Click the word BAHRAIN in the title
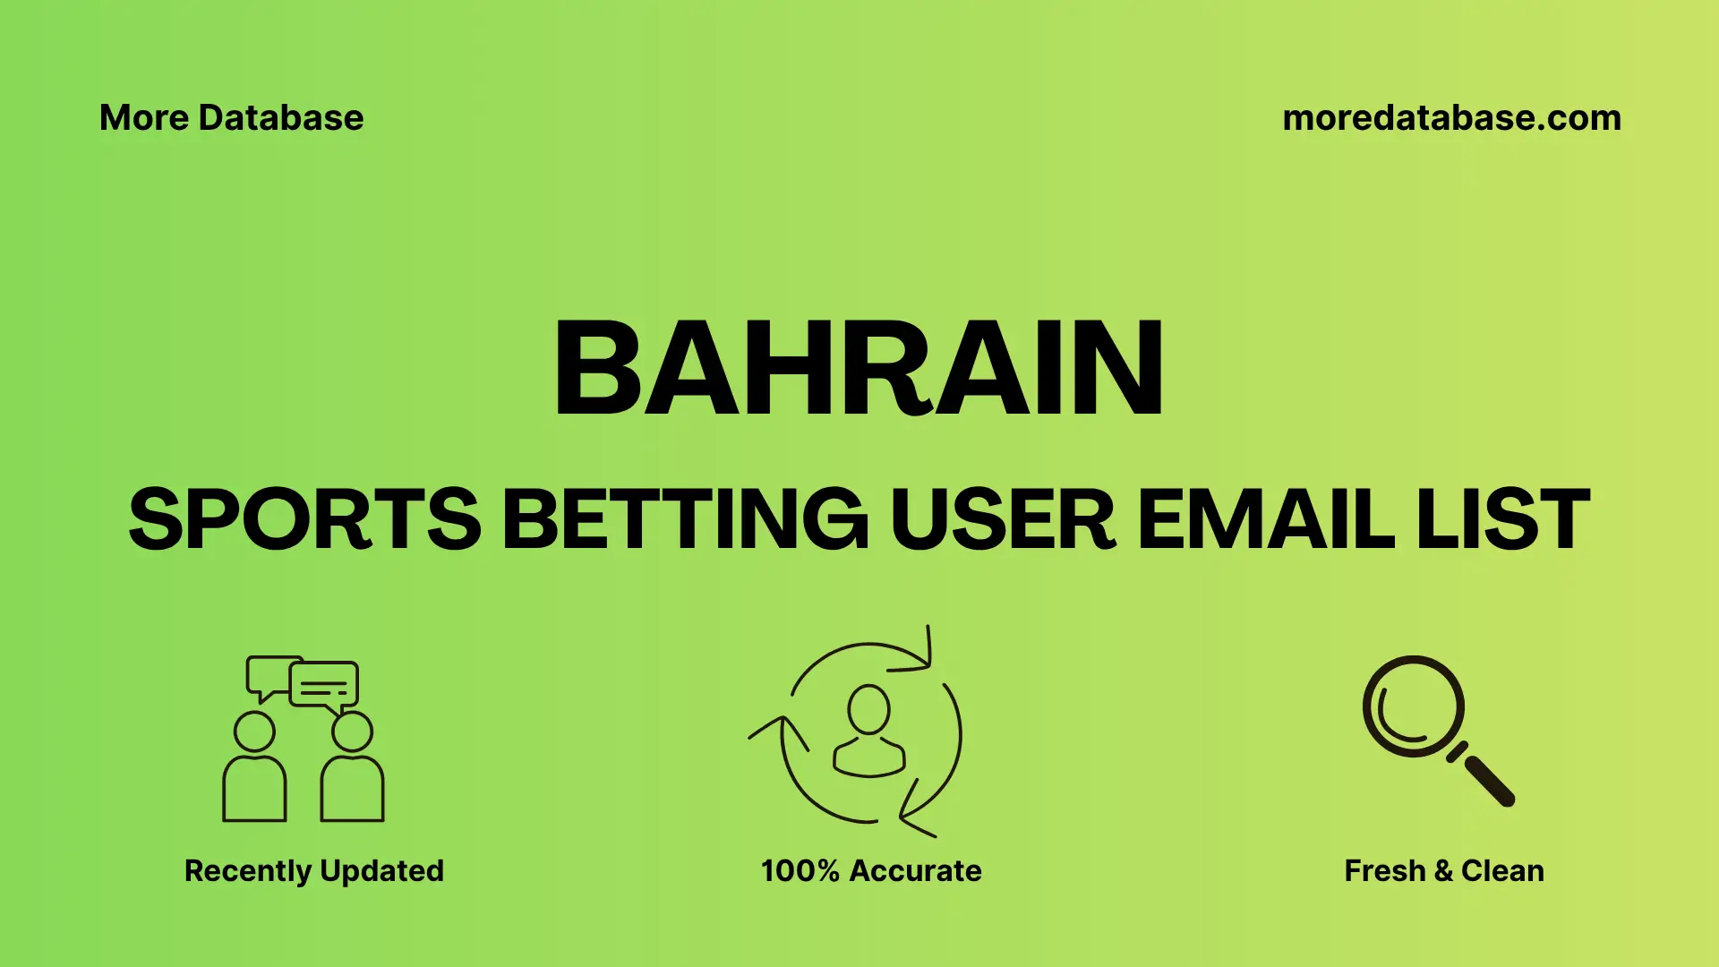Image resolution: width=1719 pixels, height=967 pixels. click(x=859, y=369)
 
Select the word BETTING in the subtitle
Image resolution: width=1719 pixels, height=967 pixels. click(x=685, y=519)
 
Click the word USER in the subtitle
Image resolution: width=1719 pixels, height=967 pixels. click(x=1003, y=519)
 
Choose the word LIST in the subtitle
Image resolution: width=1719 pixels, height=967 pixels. click(x=1503, y=519)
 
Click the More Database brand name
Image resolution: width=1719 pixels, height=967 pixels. click(x=231, y=118)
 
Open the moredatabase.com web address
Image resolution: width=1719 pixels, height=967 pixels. click(x=1451, y=118)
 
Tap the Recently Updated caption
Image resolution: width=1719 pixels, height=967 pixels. click(x=313, y=870)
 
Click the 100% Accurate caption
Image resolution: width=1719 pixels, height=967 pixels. click(x=871, y=870)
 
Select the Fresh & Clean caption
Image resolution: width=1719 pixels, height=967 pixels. click(x=1444, y=870)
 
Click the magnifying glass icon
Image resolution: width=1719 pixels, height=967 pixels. click(x=1415, y=707)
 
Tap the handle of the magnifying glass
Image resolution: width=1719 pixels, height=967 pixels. click(x=1488, y=780)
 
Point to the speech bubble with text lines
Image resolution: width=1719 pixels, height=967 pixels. click(x=324, y=686)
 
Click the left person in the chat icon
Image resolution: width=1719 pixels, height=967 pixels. click(x=254, y=770)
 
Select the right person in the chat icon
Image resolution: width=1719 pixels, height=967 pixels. click(x=352, y=770)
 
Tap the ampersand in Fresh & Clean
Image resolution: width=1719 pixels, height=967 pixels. click(x=1443, y=870)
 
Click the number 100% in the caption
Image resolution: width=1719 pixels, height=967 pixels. click(x=800, y=870)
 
